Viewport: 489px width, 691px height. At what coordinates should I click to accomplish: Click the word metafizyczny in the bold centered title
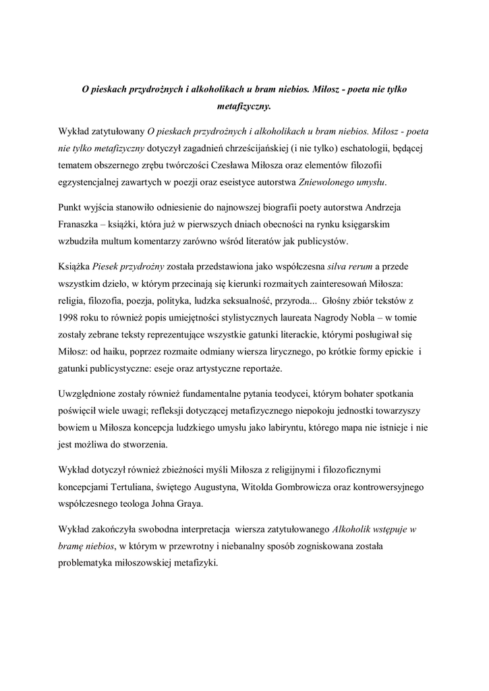[243, 107]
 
